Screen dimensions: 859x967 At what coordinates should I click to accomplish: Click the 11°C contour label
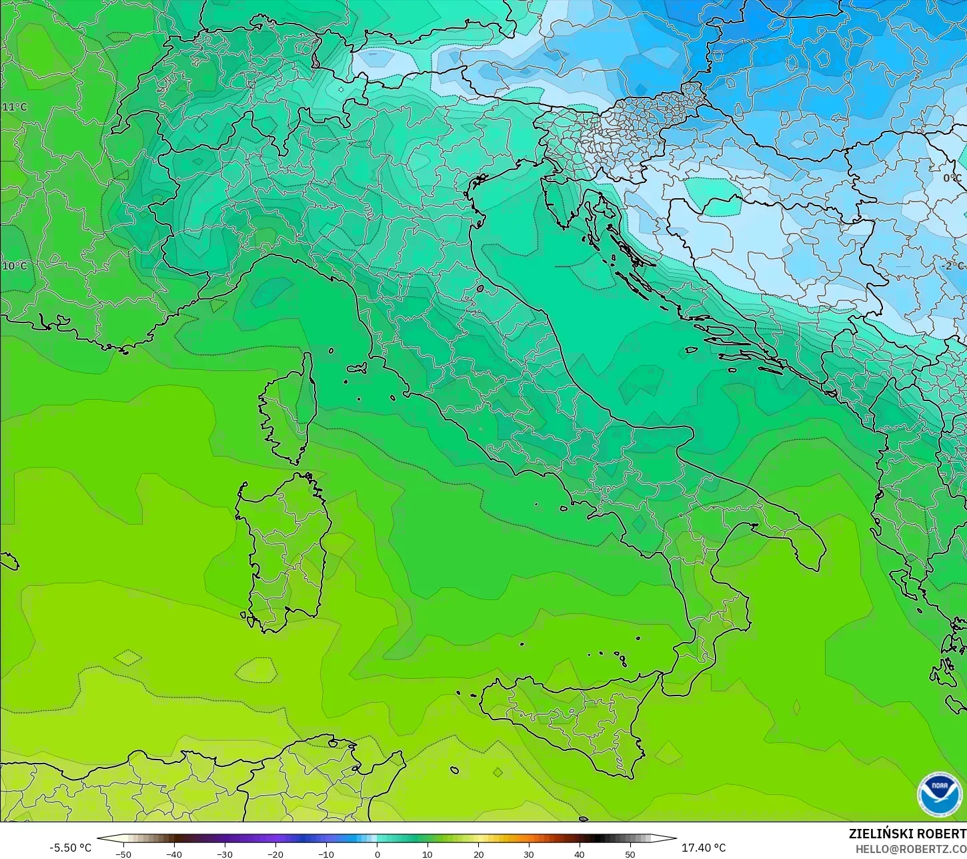tap(15, 107)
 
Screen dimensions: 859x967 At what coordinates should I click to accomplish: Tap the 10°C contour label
tap(15, 266)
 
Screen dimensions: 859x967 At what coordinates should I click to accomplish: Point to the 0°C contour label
tap(952, 178)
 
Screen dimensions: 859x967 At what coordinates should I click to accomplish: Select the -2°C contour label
tap(952, 265)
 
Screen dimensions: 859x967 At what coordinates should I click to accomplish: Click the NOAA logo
tap(939, 794)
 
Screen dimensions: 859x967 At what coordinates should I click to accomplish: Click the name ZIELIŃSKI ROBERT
tap(907, 834)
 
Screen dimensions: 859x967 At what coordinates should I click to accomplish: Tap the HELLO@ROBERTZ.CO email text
tap(911, 848)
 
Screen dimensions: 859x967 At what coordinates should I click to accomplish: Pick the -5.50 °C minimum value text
tap(70, 848)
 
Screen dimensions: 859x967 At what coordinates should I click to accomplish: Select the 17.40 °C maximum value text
tap(704, 848)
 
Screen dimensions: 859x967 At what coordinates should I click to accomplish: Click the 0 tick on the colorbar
tap(377, 854)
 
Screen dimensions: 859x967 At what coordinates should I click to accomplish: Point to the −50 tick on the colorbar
tap(123, 854)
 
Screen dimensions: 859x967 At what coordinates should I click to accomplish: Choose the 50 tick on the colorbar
tap(630, 854)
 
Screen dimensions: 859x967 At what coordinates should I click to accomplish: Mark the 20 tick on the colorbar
tap(478, 854)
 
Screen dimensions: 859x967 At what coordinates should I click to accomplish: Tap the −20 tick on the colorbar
tap(275, 854)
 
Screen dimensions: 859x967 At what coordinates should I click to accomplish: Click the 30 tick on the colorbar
tap(529, 854)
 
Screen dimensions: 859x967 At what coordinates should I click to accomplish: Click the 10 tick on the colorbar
tap(427, 854)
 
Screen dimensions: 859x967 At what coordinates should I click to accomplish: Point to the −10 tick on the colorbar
tap(325, 854)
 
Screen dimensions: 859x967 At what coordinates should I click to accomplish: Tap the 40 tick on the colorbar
tap(580, 854)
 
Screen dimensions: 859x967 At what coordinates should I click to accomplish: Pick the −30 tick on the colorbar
tap(224, 854)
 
